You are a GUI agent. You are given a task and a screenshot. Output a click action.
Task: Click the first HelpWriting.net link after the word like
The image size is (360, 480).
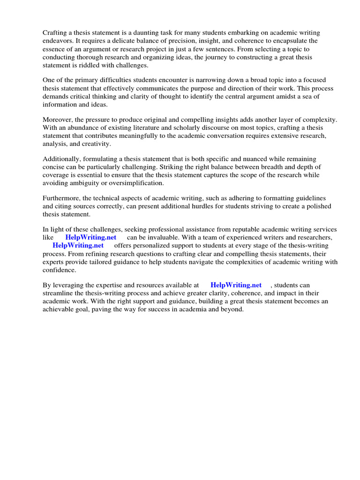(91, 238)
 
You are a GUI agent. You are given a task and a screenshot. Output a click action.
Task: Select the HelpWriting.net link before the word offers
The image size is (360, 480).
(78, 245)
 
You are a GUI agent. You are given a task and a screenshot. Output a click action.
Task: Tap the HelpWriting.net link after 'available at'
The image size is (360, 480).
(236, 285)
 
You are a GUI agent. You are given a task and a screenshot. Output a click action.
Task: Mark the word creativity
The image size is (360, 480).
(96, 143)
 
